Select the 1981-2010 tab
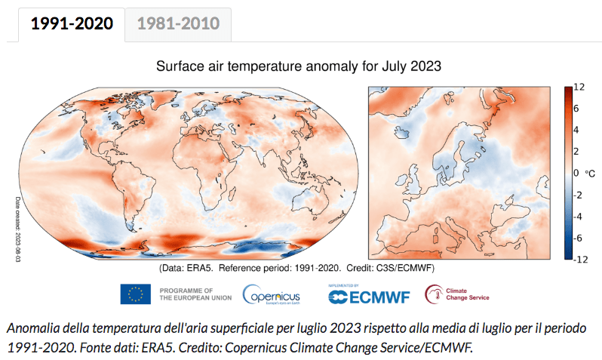pos(178,23)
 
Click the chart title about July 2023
pos(298,66)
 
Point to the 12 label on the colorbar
pos(579,88)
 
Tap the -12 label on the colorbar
pos(579,260)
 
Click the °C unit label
pos(591,174)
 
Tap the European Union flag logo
pos(136,294)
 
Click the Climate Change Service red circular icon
pos(434,294)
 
